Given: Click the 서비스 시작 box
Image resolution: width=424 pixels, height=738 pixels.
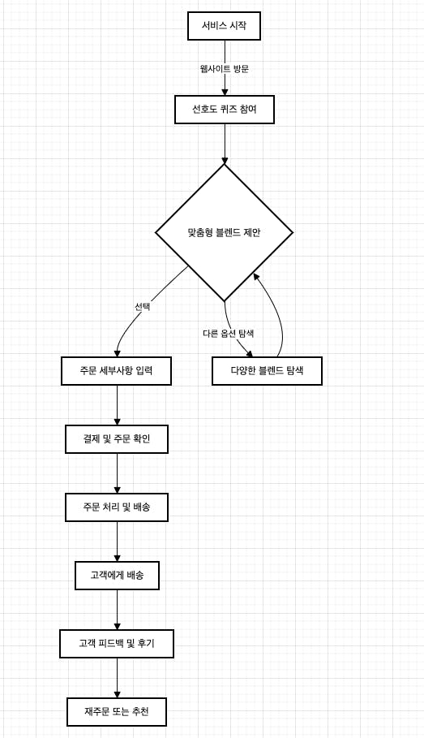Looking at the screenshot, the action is coord(225,26).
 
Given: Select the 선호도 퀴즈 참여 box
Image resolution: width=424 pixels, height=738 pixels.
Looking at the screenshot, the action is coord(225,110).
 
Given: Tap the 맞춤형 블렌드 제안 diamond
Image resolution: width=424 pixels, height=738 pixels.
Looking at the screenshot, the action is coord(225,232).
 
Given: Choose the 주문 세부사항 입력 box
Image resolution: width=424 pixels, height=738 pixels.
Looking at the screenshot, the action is coord(116,371).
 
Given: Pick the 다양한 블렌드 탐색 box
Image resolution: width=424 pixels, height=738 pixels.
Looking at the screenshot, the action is coord(267,371).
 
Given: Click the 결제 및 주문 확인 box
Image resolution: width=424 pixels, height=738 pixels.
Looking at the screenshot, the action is coord(117,439).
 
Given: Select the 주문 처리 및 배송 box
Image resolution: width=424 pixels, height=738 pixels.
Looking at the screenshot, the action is coord(117,507).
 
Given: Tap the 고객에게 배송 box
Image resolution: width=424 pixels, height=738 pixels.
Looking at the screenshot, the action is coord(117,575).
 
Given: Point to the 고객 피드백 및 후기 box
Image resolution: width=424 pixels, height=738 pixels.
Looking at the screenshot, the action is coord(117,643).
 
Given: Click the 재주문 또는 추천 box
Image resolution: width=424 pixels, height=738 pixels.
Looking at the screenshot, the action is coord(117,712).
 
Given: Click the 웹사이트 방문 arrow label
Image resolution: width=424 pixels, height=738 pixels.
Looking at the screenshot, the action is coord(225,69).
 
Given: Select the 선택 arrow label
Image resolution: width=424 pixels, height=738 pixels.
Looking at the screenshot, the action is coord(143,307).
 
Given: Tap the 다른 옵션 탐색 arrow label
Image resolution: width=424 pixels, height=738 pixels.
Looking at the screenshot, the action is coord(229,334).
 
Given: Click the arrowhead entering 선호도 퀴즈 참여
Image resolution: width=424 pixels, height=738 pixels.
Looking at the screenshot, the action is coord(225,92).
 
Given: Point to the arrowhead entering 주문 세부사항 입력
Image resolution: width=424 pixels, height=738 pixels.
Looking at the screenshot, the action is coord(117,353).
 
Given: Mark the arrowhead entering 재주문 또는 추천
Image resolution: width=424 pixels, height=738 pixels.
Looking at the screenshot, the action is coord(117,694).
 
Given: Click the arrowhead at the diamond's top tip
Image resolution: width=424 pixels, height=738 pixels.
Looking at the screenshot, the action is coord(225,160).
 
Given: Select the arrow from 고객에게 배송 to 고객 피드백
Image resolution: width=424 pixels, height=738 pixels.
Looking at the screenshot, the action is coord(117,610).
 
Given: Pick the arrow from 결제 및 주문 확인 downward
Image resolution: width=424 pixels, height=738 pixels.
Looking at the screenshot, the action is coord(117,473).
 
